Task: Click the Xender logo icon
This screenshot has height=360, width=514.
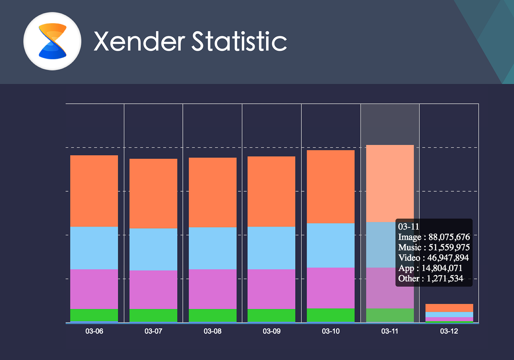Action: [x=52, y=41]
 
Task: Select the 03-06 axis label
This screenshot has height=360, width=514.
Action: [x=94, y=331]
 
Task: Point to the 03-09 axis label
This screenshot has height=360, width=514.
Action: [x=271, y=331]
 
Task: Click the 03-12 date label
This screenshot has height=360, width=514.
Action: [x=449, y=331]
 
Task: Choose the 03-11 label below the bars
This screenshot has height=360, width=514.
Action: [x=390, y=331]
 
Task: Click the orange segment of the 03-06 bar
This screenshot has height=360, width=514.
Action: [x=94, y=191]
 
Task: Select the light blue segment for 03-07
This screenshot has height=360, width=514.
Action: [x=153, y=249]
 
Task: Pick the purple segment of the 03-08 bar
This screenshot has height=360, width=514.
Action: [x=212, y=289]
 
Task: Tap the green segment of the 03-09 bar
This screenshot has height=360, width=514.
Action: [x=271, y=315]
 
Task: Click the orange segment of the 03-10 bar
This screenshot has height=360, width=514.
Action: [x=331, y=186]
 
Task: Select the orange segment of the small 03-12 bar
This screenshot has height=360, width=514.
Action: [x=449, y=308]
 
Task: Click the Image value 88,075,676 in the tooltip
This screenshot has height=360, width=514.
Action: [x=449, y=237]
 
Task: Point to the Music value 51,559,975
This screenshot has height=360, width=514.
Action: [x=449, y=248]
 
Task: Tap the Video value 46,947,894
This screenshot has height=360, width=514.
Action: [x=448, y=258]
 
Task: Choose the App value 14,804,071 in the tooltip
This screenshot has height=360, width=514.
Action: [x=442, y=268]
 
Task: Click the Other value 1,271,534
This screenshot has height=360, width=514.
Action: [x=445, y=278]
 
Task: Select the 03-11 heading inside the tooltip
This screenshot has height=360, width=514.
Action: [x=409, y=227]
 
